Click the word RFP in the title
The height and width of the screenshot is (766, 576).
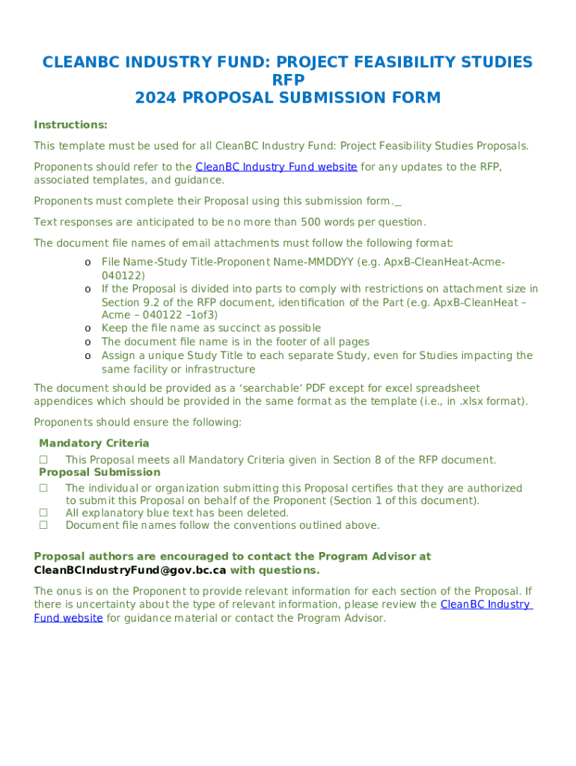288,80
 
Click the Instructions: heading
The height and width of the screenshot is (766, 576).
70,125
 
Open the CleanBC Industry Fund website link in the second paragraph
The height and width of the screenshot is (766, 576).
276,167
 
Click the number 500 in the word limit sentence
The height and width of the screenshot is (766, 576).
311,222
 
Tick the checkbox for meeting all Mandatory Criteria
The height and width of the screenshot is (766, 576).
43,460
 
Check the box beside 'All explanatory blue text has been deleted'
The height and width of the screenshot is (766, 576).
43,513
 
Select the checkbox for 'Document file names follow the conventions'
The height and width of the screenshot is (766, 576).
43,525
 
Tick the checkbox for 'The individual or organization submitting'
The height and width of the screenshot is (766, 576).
43,488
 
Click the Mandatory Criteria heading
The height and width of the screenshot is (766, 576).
94,444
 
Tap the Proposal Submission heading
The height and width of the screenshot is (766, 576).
99,473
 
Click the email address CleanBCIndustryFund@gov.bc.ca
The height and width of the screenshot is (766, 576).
129,571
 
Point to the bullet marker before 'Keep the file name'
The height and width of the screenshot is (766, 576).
88,328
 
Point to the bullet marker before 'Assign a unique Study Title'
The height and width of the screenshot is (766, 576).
88,356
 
